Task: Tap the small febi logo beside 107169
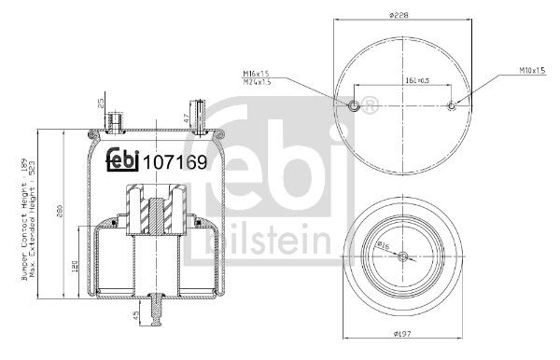pos(120,159)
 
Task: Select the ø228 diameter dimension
pos(402,13)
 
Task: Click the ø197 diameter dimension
pos(402,332)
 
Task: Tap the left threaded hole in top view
pos(354,105)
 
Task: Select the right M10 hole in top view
pos(453,105)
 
